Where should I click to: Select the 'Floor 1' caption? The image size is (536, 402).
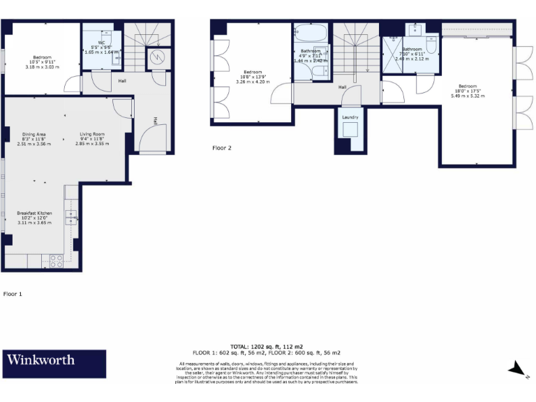pyautogui.click(x=13, y=294)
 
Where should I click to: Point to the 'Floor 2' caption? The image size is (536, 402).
pyautogui.click(x=222, y=148)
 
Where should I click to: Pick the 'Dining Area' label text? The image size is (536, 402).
pyautogui.click(x=33, y=136)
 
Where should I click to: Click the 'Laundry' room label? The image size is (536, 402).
pyautogui.click(x=350, y=117)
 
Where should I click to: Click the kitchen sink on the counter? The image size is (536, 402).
pyautogui.click(x=71, y=217)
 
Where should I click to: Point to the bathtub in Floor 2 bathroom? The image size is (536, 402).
pyautogui.click(x=308, y=32)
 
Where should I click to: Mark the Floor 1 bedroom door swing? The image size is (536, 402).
pyautogui.click(x=72, y=84)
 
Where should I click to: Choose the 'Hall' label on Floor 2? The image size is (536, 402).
pyautogui.click(x=343, y=87)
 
